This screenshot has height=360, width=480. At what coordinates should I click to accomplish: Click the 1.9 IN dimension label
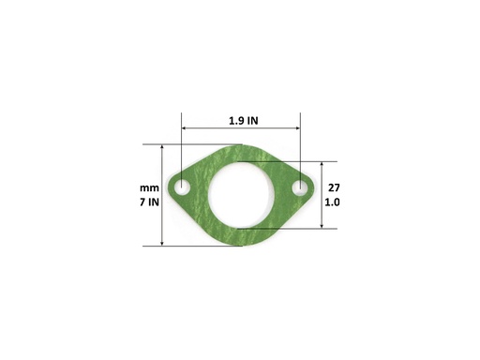[x=241, y=120]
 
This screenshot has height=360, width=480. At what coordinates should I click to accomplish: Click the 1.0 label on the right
[x=333, y=202]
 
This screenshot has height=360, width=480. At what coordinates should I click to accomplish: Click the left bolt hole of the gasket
[x=182, y=187]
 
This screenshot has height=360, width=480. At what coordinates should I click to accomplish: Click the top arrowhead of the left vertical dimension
[x=163, y=148]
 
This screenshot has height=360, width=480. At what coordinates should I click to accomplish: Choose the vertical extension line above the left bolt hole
[x=182, y=150]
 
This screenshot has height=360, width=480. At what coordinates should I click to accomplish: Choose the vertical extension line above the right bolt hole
[x=300, y=150]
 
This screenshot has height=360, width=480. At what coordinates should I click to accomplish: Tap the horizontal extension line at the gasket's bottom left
[x=187, y=247]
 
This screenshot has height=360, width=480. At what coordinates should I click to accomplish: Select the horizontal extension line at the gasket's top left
[x=187, y=144]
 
